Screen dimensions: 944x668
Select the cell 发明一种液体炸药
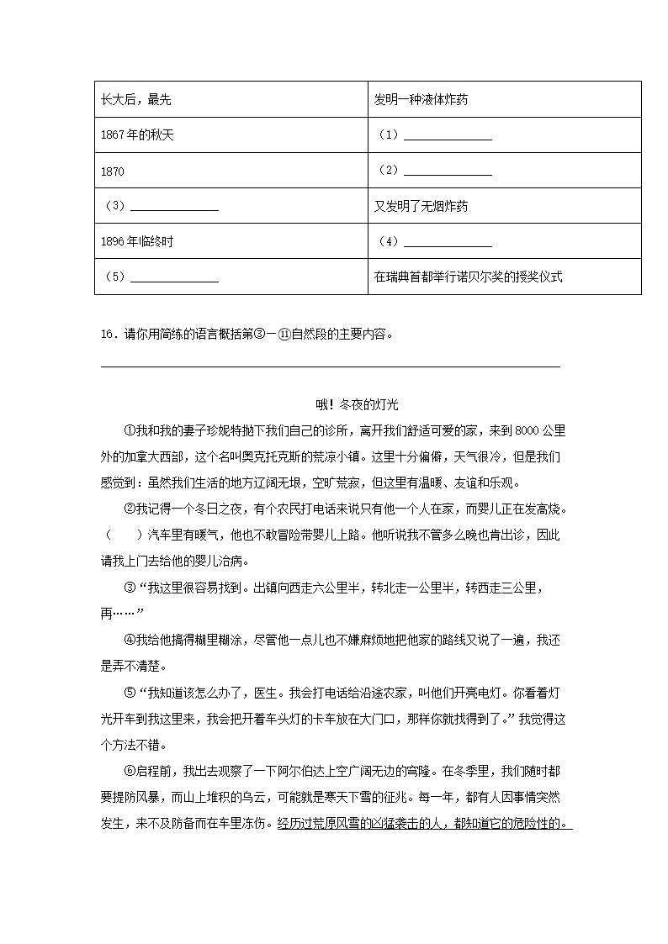(421, 100)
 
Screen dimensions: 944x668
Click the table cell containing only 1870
(112, 171)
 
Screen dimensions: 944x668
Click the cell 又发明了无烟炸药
(421, 206)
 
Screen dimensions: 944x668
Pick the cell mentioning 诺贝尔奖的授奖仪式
(468, 277)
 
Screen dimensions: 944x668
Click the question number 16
(106, 333)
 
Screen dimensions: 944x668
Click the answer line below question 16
(330, 366)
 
